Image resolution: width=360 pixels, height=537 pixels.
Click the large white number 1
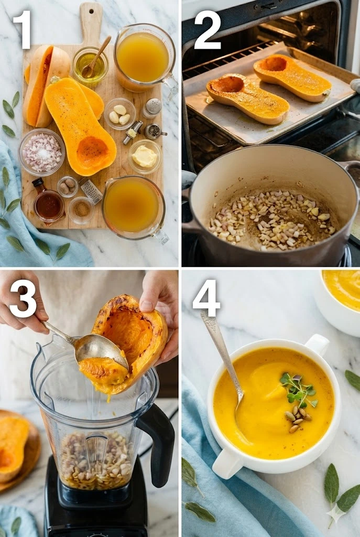[23, 29]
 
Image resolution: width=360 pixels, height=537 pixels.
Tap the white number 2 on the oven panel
[208, 29]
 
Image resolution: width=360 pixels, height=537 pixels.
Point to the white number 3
[23, 298]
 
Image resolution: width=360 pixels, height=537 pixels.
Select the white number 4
[206, 298]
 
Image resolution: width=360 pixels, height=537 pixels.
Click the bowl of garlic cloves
[120, 114]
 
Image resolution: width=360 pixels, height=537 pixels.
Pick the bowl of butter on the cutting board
[145, 156]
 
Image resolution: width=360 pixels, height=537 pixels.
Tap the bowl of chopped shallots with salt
[42, 153]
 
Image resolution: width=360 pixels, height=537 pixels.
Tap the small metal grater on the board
[91, 190]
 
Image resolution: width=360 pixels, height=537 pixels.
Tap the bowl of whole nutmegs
[68, 186]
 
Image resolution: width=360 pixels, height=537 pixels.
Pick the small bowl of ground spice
[81, 210]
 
